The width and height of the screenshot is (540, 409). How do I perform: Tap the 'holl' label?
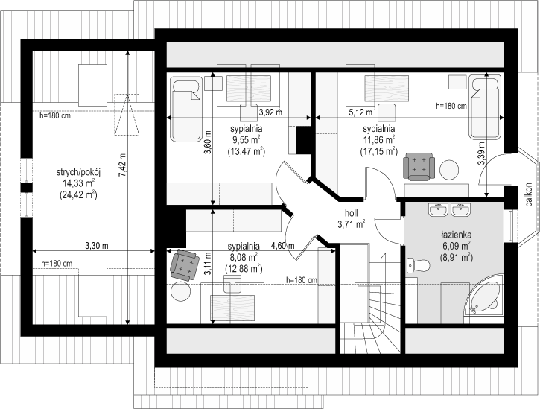352,212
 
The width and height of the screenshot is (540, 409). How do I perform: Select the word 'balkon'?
529,195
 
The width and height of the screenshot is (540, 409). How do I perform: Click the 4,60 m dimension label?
283,246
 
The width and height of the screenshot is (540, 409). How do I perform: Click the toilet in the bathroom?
417,265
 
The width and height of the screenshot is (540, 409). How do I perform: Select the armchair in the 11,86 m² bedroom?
419,166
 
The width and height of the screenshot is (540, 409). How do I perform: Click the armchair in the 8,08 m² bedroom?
185,264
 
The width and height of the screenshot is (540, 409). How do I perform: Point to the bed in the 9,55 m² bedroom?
186,110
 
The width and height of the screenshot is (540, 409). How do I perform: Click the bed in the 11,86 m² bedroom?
485,108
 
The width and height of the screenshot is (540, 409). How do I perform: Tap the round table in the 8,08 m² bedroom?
180,291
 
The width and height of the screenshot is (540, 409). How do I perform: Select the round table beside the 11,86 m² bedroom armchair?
448,170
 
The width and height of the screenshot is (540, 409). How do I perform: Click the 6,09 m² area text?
457,246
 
